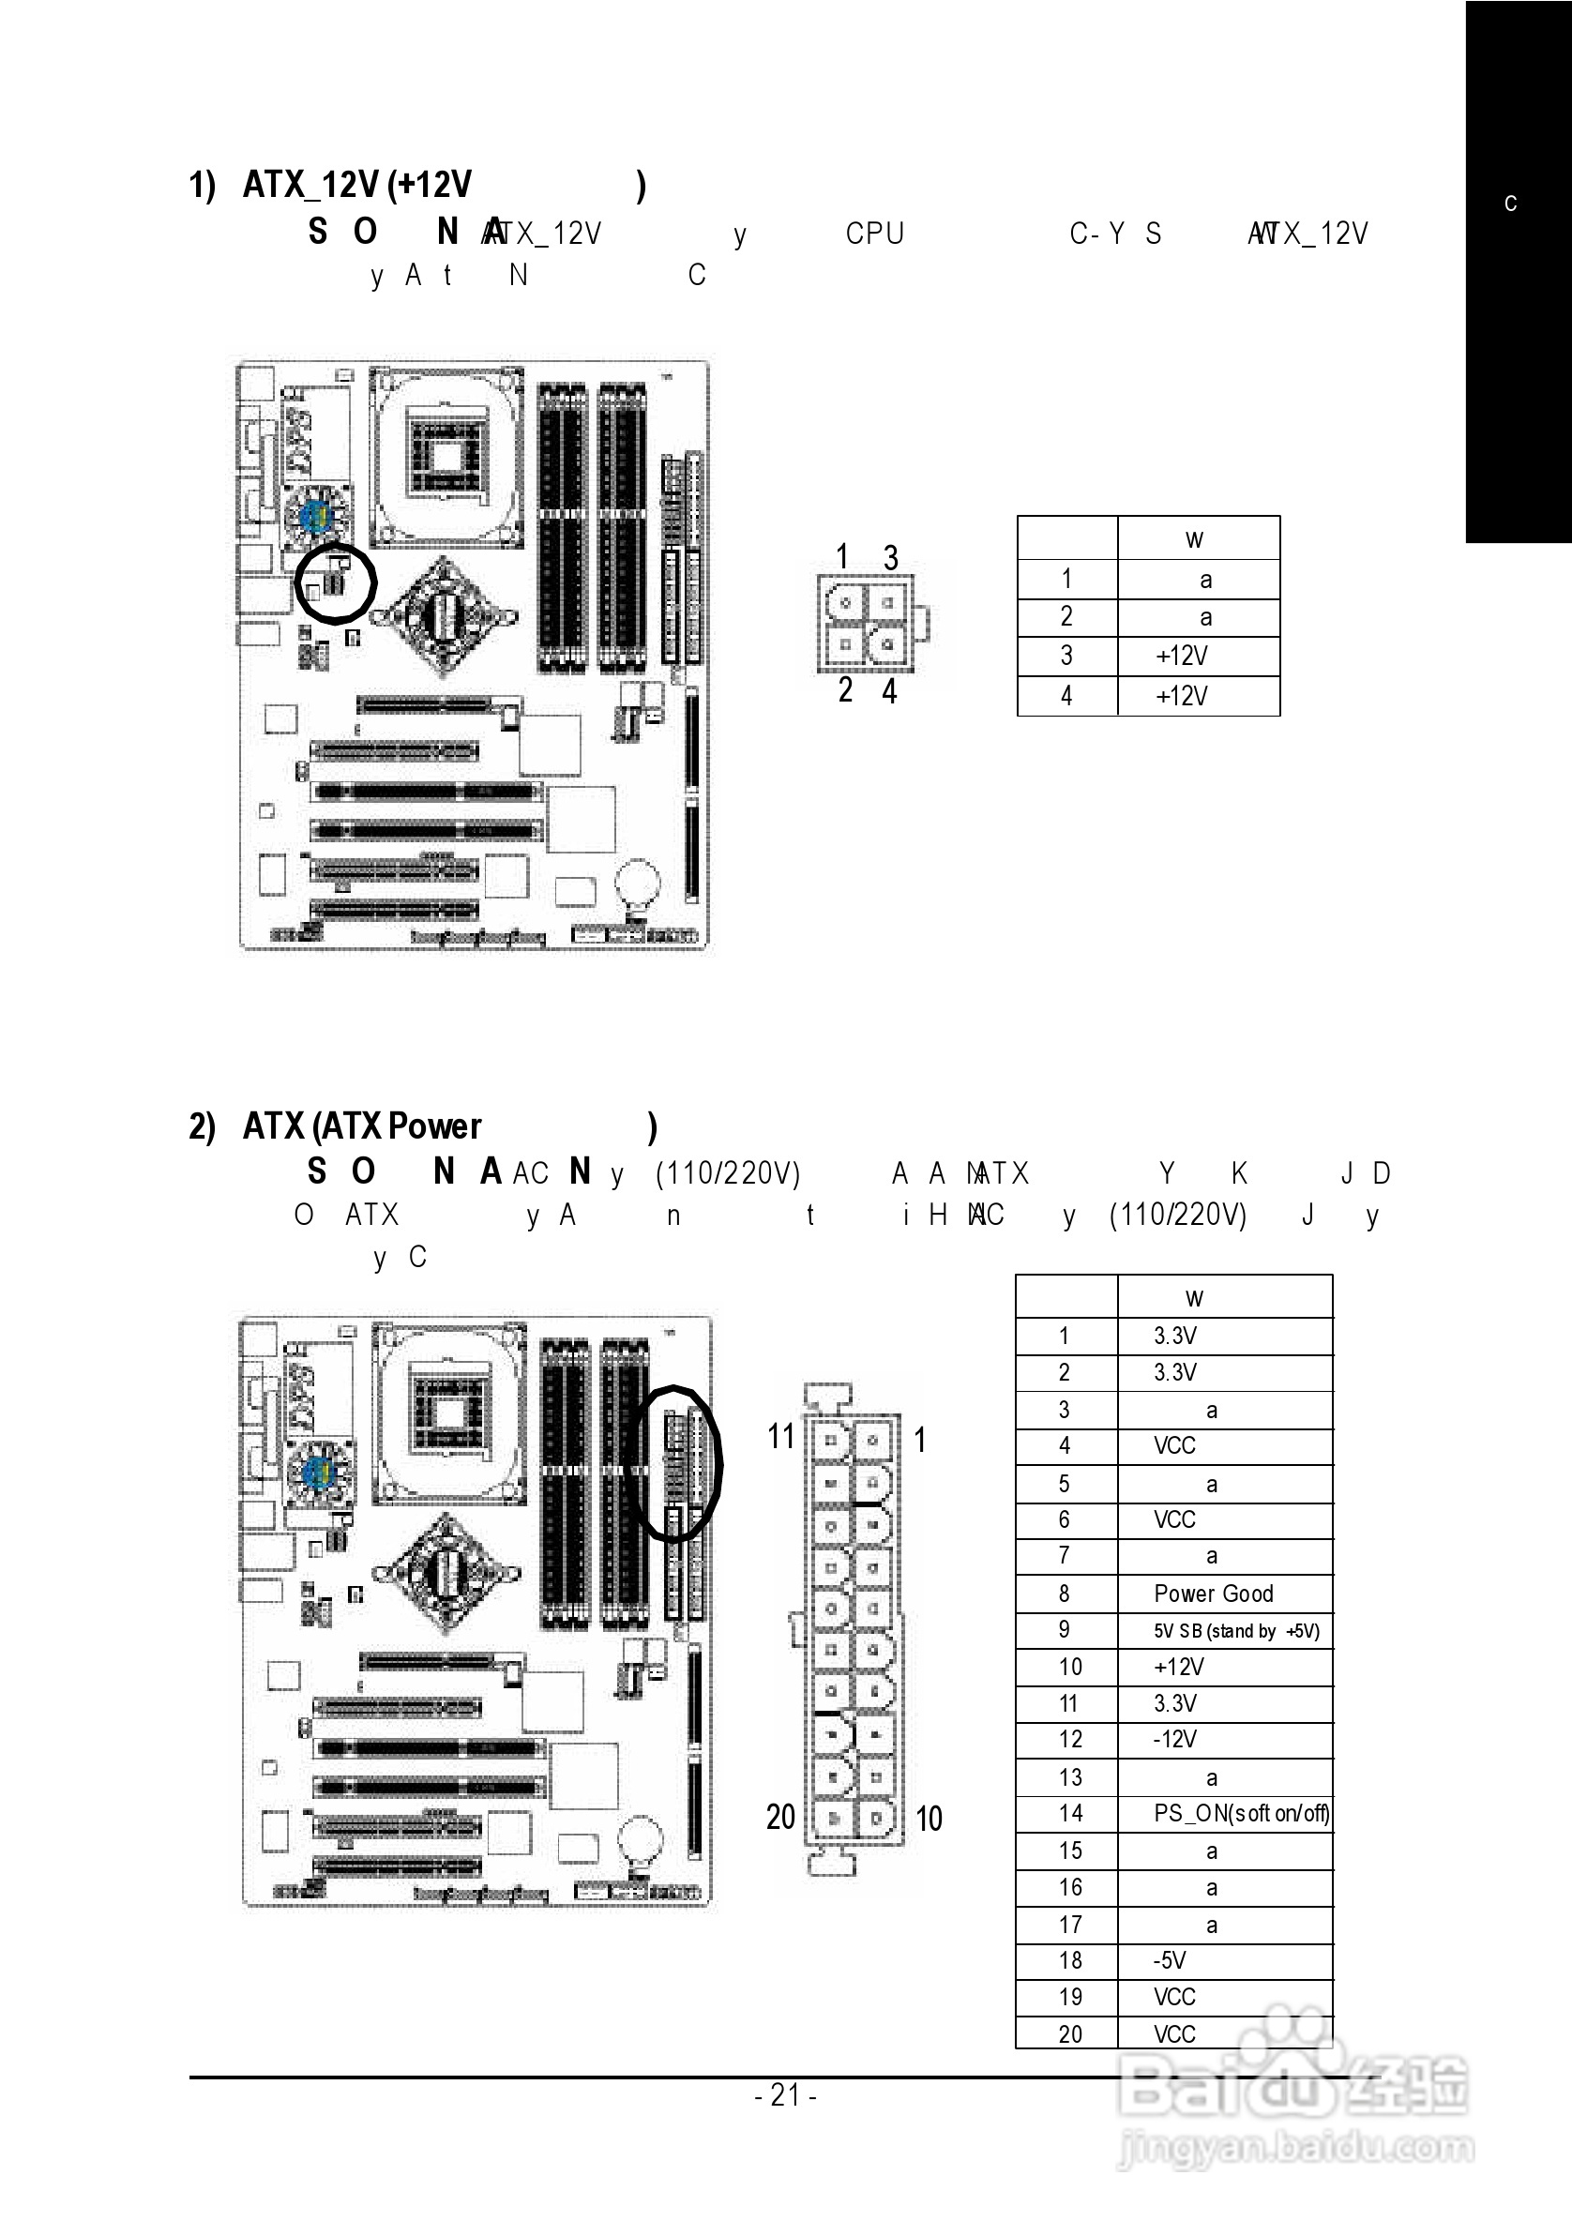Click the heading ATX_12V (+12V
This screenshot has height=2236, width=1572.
click(x=356, y=184)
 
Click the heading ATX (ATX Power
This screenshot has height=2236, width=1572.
click(x=361, y=1126)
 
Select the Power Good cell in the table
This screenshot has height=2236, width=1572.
click(x=1213, y=1594)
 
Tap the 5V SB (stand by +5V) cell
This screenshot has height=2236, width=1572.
click(x=1236, y=1631)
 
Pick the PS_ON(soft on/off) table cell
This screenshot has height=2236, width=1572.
click(x=1241, y=1813)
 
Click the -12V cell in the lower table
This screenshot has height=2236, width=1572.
click(x=1174, y=1739)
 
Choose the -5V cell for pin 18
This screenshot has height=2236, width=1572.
click(x=1170, y=1959)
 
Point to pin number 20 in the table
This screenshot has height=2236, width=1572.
click(x=1069, y=2033)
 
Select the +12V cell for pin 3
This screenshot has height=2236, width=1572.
click(x=1182, y=657)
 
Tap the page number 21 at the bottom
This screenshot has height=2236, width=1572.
click(x=785, y=2093)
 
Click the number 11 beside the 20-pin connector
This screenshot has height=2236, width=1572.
click(x=781, y=1437)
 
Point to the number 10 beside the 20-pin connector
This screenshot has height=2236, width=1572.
click(x=929, y=1819)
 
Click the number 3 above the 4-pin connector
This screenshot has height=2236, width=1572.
click(x=890, y=558)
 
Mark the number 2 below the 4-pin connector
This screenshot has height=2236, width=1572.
click(x=844, y=690)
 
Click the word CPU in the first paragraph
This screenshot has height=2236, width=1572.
click(x=874, y=234)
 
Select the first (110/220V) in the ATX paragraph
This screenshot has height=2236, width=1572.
click(x=728, y=1173)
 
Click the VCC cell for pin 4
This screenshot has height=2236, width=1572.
click(x=1174, y=1446)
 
